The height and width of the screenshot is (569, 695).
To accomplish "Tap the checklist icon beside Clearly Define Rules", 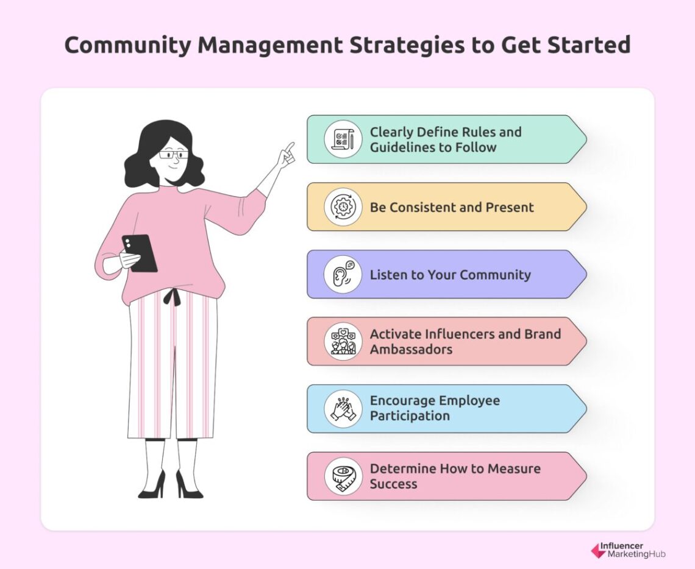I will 343,139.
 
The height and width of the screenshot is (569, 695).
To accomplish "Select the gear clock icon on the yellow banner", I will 343,207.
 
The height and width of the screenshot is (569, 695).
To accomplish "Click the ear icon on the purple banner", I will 343,274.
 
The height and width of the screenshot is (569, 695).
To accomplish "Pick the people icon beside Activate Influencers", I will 343,341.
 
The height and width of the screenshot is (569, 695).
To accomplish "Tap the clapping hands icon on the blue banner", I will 343,409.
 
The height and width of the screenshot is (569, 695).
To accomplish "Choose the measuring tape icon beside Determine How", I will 343,476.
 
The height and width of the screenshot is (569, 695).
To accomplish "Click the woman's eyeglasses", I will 173,155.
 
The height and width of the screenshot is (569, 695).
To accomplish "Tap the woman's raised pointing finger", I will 289,147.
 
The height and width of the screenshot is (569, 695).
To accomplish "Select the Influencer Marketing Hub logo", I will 628,551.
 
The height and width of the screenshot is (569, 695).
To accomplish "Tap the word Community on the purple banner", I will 495,275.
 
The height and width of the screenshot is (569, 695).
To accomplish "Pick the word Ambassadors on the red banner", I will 411,350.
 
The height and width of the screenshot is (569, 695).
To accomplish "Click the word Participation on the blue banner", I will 410,417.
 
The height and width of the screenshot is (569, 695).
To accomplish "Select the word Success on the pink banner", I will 393,484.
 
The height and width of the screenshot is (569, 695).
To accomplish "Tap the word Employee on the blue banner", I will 466,401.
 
